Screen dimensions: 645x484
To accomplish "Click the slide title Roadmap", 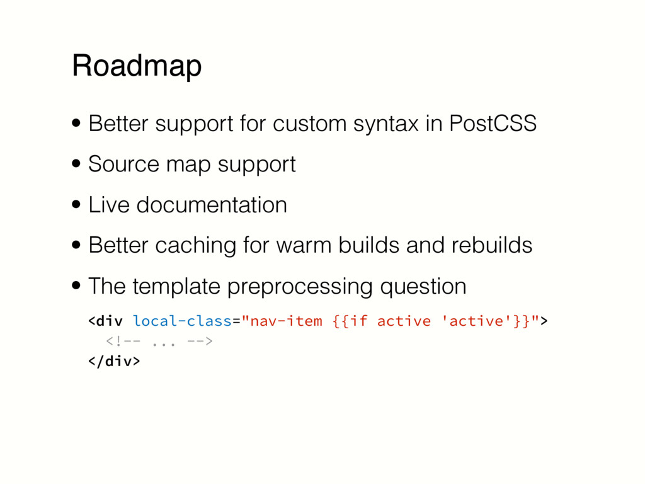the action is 137,66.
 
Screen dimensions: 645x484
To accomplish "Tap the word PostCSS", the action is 492,124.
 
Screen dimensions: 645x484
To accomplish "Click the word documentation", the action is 211,205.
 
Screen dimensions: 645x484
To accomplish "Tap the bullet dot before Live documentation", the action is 76,205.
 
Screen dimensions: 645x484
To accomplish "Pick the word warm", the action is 296,245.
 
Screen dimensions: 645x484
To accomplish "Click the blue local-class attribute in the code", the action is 183,321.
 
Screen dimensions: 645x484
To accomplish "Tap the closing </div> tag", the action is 114,362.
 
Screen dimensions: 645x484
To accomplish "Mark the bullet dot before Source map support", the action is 76,165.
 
